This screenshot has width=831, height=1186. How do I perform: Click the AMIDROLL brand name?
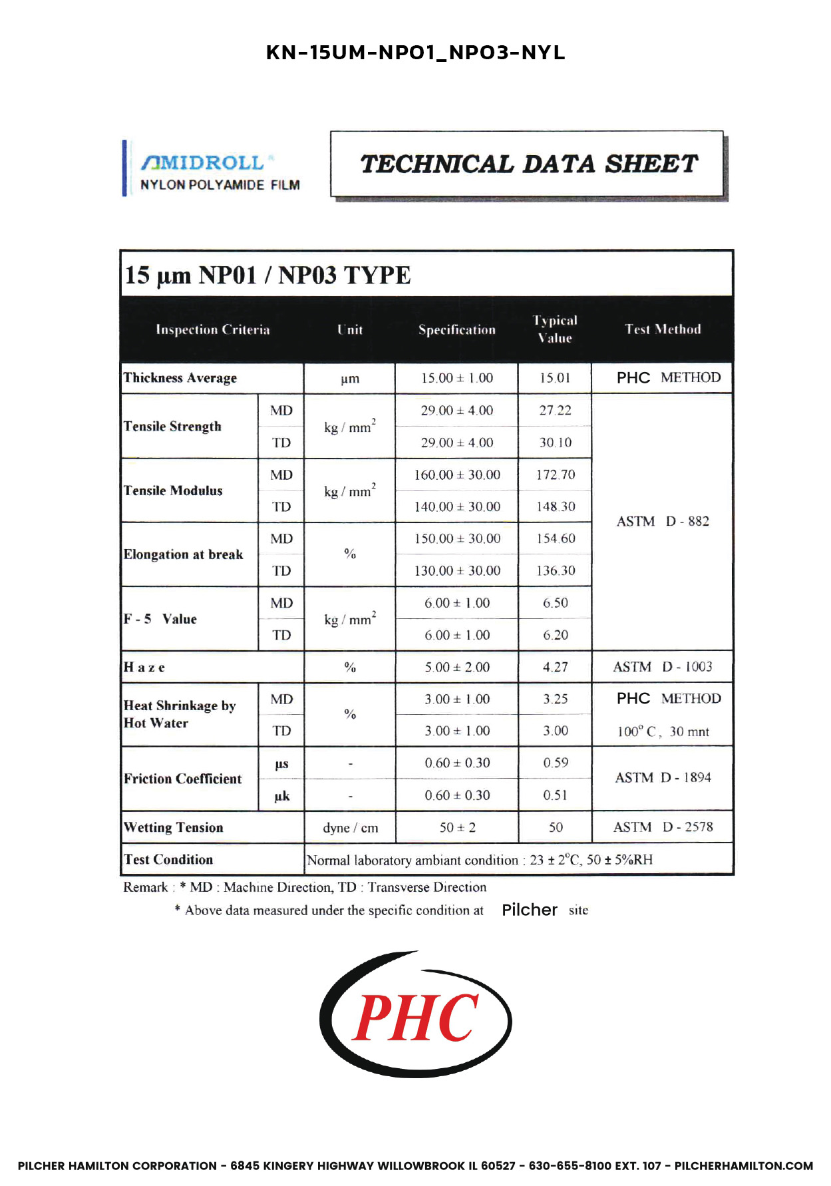203,162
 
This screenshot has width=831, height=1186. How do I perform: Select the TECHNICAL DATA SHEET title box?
528,164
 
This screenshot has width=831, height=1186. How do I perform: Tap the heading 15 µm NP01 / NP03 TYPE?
268,275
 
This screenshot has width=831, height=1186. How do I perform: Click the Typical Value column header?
555,329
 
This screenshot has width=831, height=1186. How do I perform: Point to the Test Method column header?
663,329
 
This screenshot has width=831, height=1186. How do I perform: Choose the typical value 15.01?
555,378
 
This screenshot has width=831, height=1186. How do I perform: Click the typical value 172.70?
556,475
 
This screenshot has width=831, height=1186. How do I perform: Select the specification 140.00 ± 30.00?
457,506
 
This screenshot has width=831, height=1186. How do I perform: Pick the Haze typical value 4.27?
555,667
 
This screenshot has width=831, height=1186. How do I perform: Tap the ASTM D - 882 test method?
663,521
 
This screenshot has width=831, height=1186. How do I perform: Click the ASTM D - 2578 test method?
663,827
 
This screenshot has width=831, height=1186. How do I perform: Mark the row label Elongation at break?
184,554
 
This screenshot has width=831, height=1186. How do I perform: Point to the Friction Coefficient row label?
183,779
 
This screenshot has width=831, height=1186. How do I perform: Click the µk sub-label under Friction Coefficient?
281,796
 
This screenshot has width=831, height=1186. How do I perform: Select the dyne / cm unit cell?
350,828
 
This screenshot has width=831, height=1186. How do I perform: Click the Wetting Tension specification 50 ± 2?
457,828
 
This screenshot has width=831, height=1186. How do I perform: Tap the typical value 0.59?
555,763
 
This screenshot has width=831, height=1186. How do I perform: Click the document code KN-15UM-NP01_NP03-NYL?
415,53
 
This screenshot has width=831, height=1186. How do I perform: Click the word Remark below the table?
145,887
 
